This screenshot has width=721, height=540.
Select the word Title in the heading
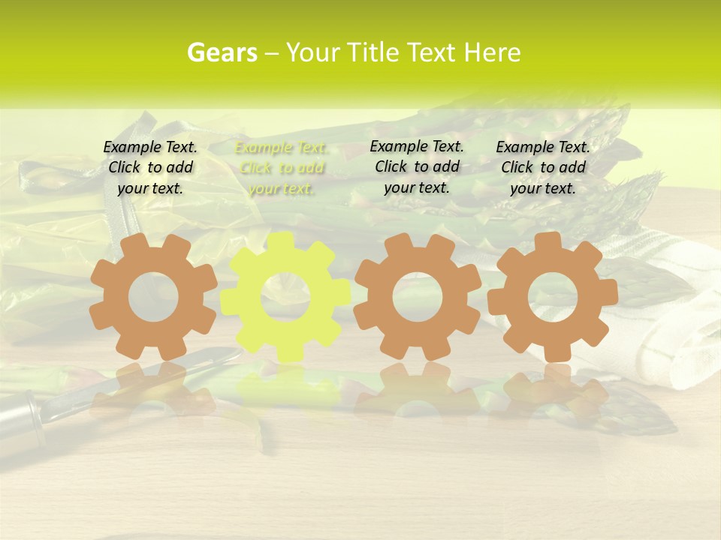(x=373, y=52)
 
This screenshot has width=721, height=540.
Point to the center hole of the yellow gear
(x=285, y=298)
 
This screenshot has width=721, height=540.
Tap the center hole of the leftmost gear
(x=153, y=297)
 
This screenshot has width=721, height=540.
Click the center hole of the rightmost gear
(x=553, y=295)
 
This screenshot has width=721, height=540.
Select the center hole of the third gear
(x=418, y=296)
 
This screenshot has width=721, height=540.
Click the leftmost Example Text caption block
(x=150, y=167)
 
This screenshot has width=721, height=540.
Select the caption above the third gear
(x=417, y=166)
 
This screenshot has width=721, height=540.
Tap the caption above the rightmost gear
(x=543, y=167)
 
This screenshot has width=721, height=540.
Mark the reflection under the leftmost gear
(x=152, y=390)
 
